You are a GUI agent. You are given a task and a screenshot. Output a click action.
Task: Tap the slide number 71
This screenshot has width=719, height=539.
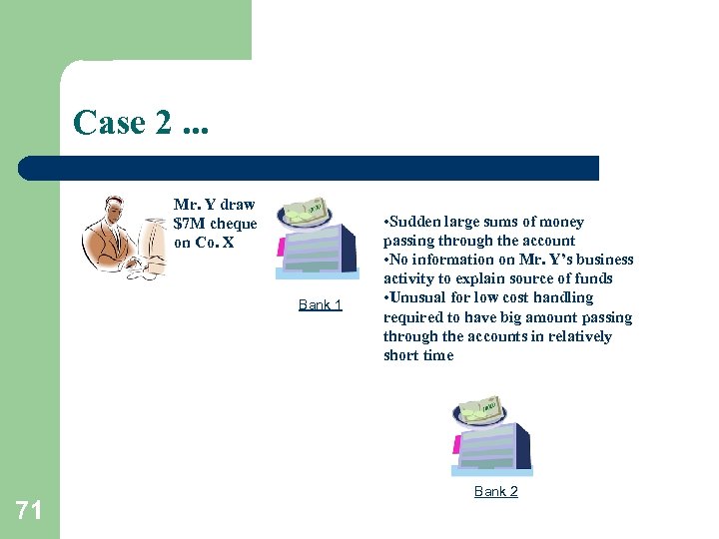point(29,511)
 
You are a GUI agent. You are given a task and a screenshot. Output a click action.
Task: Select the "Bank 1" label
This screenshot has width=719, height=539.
point(320,304)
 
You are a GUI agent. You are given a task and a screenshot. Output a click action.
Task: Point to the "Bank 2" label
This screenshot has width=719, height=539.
point(495,491)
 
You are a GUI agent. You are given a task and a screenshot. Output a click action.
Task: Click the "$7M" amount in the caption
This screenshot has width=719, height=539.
point(187,224)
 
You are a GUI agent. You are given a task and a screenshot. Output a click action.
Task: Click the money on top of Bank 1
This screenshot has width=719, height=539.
point(306,211)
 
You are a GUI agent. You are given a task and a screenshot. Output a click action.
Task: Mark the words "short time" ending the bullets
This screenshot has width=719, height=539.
point(417,355)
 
